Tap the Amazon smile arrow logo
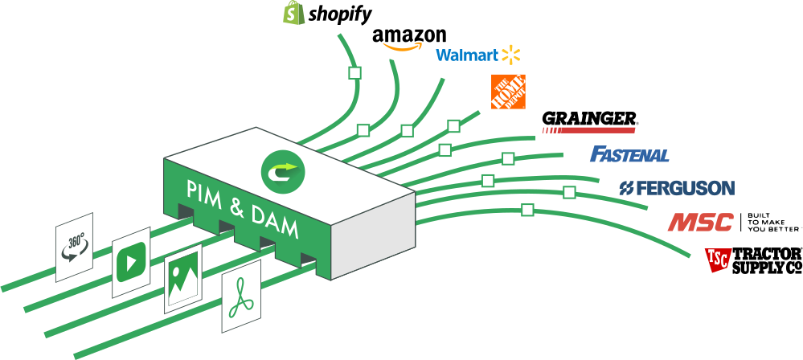(x=402, y=47)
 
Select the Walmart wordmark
(x=466, y=55)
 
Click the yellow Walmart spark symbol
(x=511, y=55)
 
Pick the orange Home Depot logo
(x=508, y=92)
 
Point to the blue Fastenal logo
(x=629, y=154)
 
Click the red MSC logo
(x=700, y=222)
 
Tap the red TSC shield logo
(x=717, y=259)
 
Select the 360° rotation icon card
(x=74, y=247)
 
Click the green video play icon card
(x=131, y=267)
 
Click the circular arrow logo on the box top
(x=280, y=170)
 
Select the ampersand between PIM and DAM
(x=236, y=208)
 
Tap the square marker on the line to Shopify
(x=354, y=73)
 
